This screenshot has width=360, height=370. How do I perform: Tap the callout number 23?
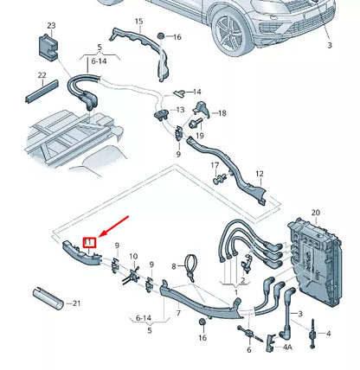(51, 27)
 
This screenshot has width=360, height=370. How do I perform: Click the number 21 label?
(76, 303)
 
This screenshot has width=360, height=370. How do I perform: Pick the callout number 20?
(315, 212)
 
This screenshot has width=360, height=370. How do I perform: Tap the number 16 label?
(177, 37)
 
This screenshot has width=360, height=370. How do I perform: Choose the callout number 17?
(215, 164)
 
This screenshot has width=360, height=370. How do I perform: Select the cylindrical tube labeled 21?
(48, 297)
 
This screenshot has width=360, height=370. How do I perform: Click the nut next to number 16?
(161, 35)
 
